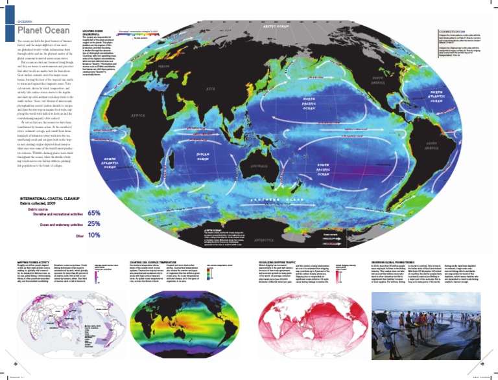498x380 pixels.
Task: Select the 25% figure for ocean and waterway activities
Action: click(x=93, y=224)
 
